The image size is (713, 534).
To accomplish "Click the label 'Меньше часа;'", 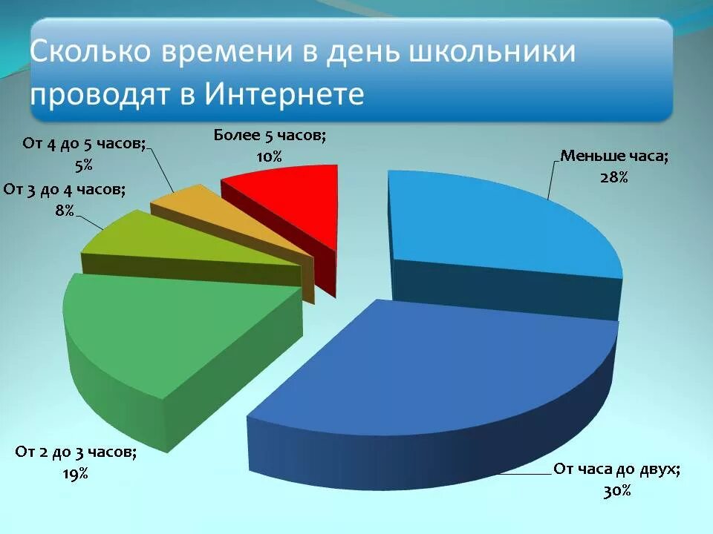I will point(614,156).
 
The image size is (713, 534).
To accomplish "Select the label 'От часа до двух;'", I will point(616,469).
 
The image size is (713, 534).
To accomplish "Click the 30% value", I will point(617,490).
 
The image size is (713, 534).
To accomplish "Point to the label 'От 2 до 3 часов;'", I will point(75,452).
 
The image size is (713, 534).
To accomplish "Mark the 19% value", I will point(76,473).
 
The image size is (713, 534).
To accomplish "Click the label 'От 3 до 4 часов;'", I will point(65,190).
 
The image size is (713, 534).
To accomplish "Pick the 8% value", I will point(65,211).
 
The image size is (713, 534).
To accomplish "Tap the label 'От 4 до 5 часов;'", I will point(84,144).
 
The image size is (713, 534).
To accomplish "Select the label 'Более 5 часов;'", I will point(270,135).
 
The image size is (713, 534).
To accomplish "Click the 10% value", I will point(270,156).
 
